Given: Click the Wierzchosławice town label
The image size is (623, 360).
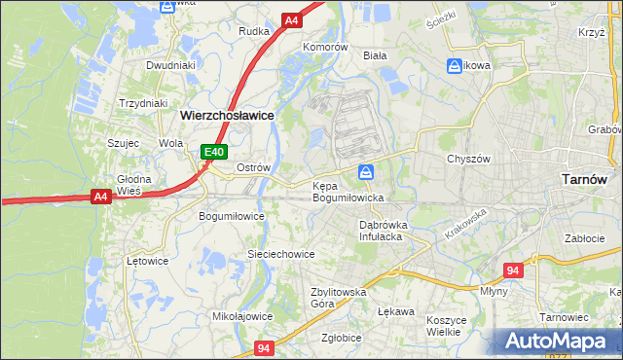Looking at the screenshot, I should coord(227,115).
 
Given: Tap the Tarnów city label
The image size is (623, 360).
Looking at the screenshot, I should coord(585,179).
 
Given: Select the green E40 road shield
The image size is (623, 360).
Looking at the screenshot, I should coord(215,152).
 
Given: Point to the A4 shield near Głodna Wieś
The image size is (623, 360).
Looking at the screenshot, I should coord(100,197).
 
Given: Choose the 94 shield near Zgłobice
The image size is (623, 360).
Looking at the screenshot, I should coord(264,347).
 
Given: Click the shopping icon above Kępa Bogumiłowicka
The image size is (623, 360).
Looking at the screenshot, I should coord(365,172).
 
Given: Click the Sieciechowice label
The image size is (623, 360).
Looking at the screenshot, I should coord(280,254).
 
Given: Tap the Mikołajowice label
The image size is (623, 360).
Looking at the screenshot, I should coord(241,316).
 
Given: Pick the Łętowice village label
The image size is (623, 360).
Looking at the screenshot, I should coord(148,261).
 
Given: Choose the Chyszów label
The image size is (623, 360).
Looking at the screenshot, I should coord(465,159).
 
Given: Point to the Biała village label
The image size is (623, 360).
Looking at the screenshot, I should coord(375,55).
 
